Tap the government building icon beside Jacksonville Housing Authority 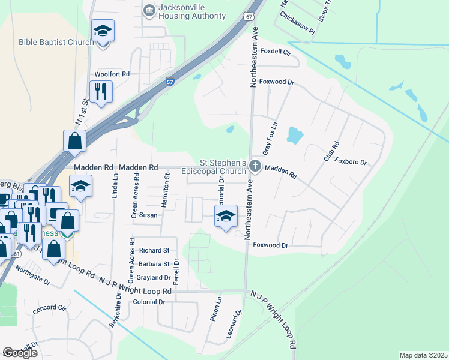click(148, 10)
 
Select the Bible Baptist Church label click(56, 42)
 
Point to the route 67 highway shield click(249, 16)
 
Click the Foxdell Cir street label click(276, 52)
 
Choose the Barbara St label click(154, 264)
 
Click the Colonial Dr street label click(149, 302)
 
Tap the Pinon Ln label click(215, 308)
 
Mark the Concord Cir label click(49, 308)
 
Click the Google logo click(20, 353)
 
